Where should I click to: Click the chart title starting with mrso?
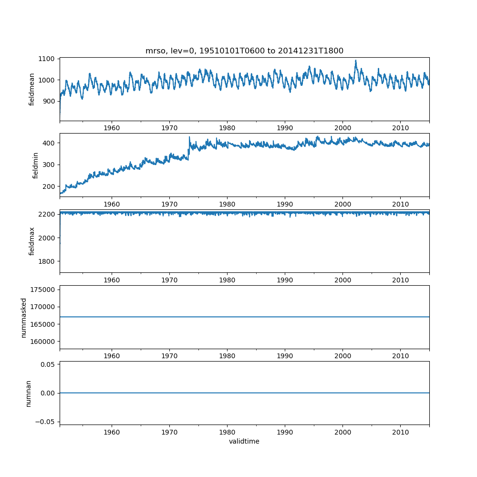coord(244,51)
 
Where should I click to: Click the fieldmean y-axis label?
coord(32,89)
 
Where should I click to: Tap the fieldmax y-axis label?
coord(32,241)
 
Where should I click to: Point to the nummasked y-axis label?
coord(23,317)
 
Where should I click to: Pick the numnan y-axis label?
coord(28,393)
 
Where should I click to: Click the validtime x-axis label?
coord(244,442)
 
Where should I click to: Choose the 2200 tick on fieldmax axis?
coord(49,214)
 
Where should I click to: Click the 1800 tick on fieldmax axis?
coord(49,261)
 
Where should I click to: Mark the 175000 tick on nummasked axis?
coord(45,290)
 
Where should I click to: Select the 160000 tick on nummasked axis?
coord(45,342)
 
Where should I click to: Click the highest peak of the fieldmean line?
coord(356,61)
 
